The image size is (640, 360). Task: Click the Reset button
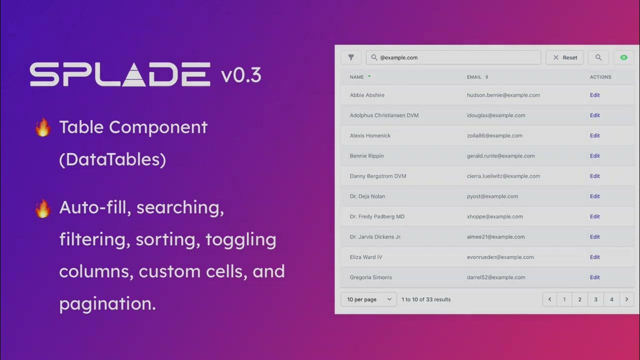[x=564, y=57]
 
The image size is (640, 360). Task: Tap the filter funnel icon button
[x=351, y=57]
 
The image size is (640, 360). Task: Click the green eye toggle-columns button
[x=623, y=57]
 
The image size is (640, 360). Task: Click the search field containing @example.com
[x=453, y=57]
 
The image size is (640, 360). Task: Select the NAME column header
[x=357, y=77]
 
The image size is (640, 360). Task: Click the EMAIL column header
[x=474, y=77]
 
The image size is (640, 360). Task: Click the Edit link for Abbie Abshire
[x=594, y=95]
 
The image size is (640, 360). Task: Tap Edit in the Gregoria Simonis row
[x=594, y=277]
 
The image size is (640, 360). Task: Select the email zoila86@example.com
[x=494, y=135]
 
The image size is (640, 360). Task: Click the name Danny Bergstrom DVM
[x=378, y=176]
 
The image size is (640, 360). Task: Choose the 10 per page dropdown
[x=368, y=299]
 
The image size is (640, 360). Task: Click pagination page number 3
[x=595, y=299]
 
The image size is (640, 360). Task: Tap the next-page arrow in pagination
[x=626, y=299]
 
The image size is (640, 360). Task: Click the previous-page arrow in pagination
[x=549, y=299]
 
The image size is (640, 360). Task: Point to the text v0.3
[x=241, y=75]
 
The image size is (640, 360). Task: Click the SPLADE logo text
[x=120, y=74]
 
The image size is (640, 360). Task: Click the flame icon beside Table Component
[x=43, y=127]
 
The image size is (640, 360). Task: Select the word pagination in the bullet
[x=107, y=303]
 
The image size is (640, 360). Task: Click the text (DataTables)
[x=112, y=159]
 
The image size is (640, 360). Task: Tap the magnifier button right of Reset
[x=598, y=57]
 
